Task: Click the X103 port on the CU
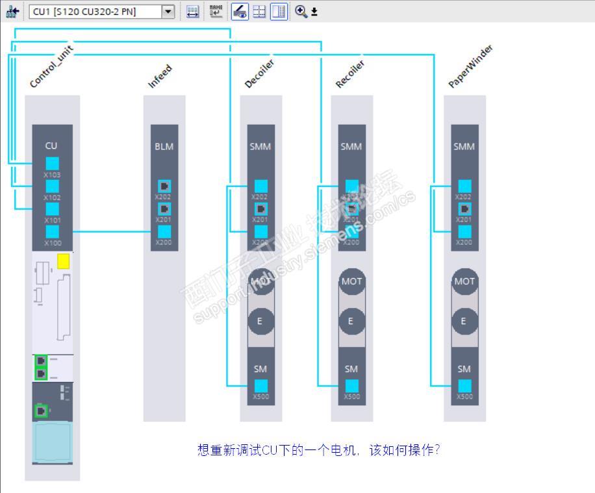click(x=52, y=164)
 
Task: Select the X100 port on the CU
click(x=52, y=232)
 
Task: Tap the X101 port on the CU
click(x=52, y=209)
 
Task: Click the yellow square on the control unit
click(x=63, y=261)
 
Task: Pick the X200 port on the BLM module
click(x=164, y=232)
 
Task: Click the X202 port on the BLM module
click(x=164, y=186)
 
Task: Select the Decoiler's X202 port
click(x=260, y=186)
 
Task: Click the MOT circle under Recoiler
click(x=351, y=281)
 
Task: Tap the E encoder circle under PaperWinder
click(x=464, y=321)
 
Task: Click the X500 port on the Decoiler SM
click(x=260, y=386)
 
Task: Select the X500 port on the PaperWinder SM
click(x=464, y=386)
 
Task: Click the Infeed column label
click(x=160, y=77)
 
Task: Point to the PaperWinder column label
click(x=471, y=67)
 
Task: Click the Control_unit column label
click(x=51, y=67)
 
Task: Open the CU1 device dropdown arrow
click(x=168, y=11)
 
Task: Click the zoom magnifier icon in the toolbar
click(x=301, y=11)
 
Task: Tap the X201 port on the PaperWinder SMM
click(x=464, y=209)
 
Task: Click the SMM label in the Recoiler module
click(x=351, y=146)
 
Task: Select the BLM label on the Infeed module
click(x=164, y=146)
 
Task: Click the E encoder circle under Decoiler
click(x=260, y=321)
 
